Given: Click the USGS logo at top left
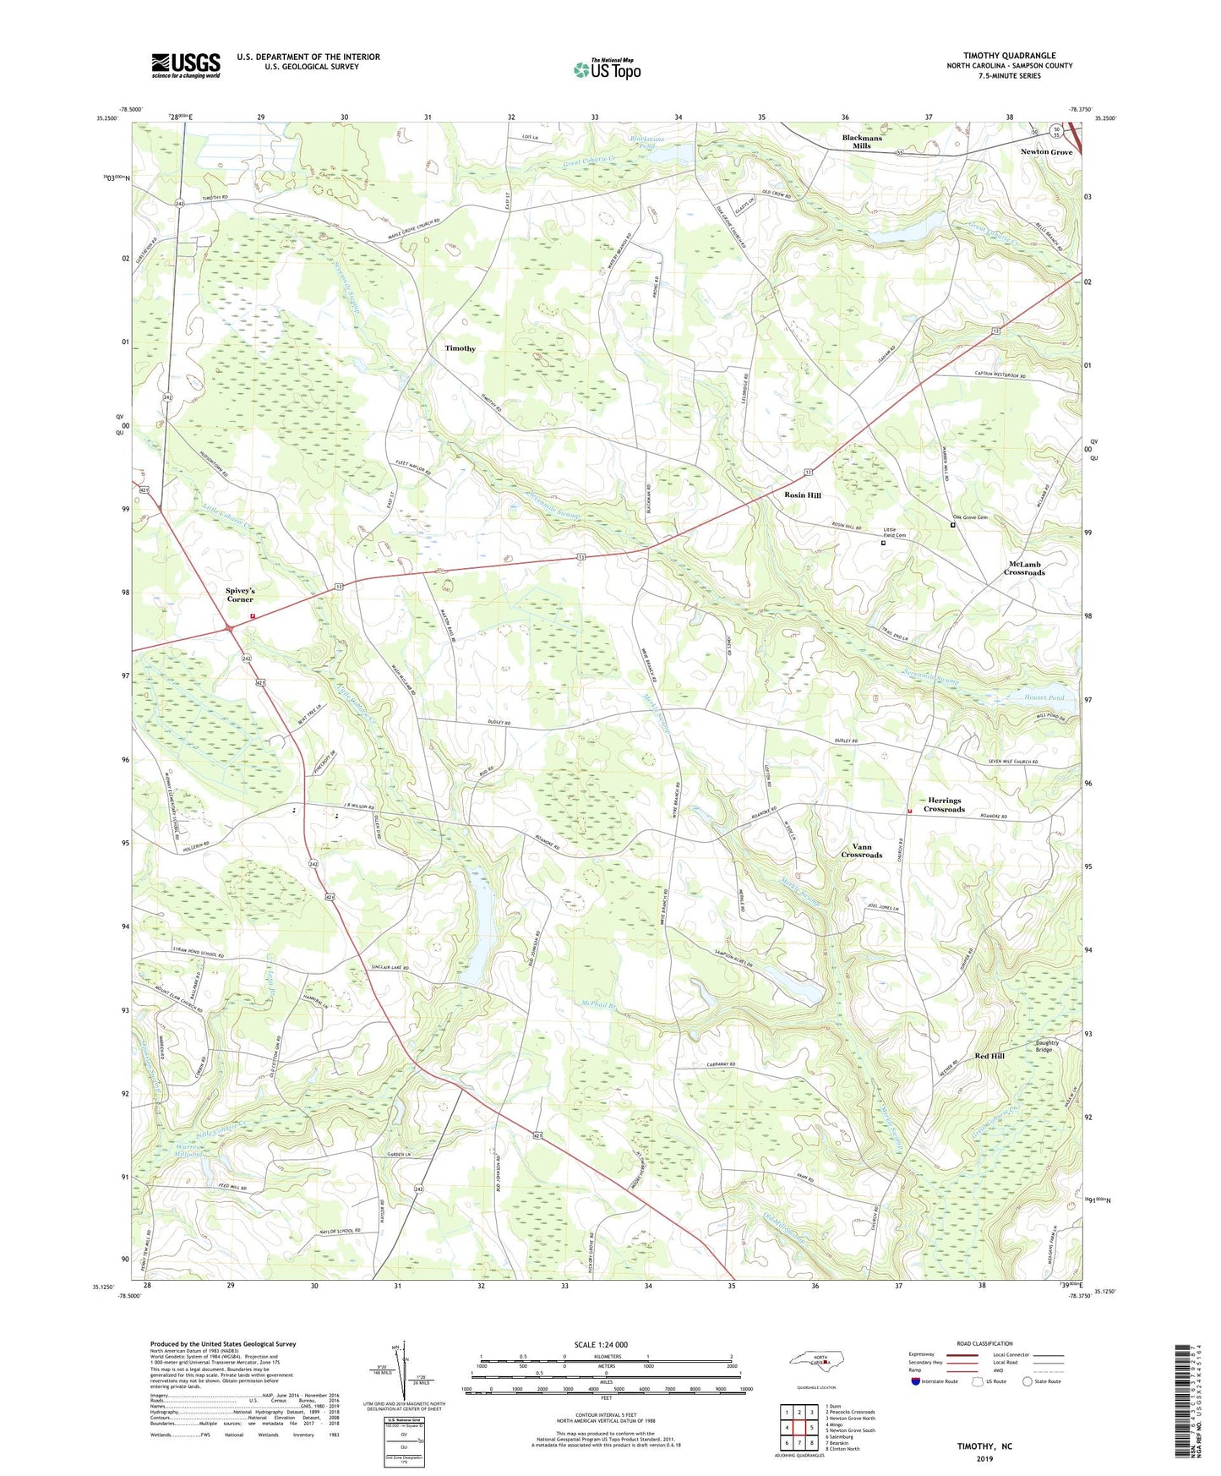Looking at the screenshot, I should pos(185,65).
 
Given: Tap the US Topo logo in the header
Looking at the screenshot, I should pos(607,69).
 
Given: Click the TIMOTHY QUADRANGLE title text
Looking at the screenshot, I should pos(1009,56).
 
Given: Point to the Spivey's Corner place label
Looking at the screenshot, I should pos(240,594).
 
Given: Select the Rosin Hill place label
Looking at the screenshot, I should pos(802,495).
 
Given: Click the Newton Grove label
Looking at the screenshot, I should pos(1046,152).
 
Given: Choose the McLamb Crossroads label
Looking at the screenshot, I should pos(1024,568).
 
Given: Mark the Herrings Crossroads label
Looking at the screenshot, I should pos(944,805).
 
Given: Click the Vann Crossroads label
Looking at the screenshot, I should pos(861,850).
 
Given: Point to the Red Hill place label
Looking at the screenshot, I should pos(989,1056).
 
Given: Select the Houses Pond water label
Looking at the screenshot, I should pos(1044,698).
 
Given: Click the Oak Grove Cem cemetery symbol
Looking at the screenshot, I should pos(952,525).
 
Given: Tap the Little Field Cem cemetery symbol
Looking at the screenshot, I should pos(884,544).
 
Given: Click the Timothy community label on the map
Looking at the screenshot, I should pos(461,348).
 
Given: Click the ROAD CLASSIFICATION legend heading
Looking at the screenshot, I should pos(984,1343).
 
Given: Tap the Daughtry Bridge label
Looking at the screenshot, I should pos(1046,1047).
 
